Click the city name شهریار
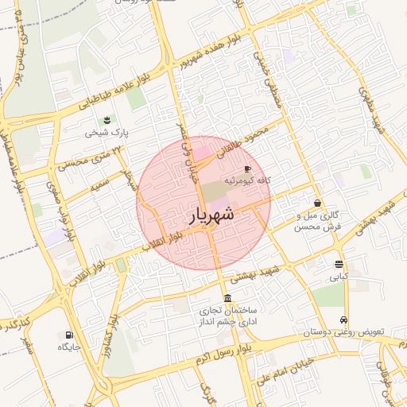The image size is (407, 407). (211, 214)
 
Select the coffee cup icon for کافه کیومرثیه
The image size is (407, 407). (246, 169)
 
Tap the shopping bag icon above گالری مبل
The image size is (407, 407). (317, 203)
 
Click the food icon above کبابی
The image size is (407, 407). (339, 264)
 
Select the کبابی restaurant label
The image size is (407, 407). (339, 277)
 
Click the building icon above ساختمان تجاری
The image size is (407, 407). (228, 298)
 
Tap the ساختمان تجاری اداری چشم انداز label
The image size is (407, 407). (229, 317)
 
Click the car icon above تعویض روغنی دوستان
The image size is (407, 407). (343, 320)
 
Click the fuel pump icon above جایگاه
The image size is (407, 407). (68, 335)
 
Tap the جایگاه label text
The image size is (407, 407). (68, 347)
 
